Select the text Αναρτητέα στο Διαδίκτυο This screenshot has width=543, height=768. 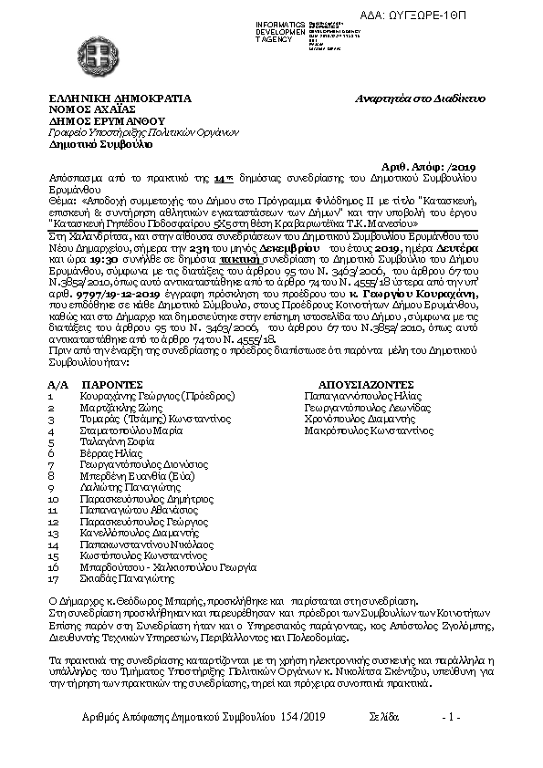tap(421, 98)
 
